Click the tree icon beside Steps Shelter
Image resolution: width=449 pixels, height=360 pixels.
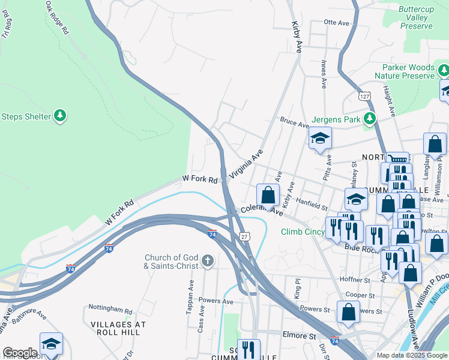pyautogui.click(x=59, y=115)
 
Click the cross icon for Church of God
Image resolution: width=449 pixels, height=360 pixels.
pyautogui.click(x=207, y=260)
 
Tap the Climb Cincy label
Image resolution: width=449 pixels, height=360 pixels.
pyautogui.click(x=303, y=232)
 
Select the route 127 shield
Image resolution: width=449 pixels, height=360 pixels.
pyautogui.click(x=364, y=96)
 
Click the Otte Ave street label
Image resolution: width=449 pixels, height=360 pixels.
pyautogui.click(x=336, y=22)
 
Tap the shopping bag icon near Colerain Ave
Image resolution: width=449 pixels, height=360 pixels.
pyautogui.click(x=268, y=195)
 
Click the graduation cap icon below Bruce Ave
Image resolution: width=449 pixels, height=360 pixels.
pyautogui.click(x=320, y=138)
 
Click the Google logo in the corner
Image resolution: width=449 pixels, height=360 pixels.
pyautogui.click(x=20, y=353)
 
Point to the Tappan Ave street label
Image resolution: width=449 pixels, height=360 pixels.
pyautogui.click(x=192, y=295)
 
